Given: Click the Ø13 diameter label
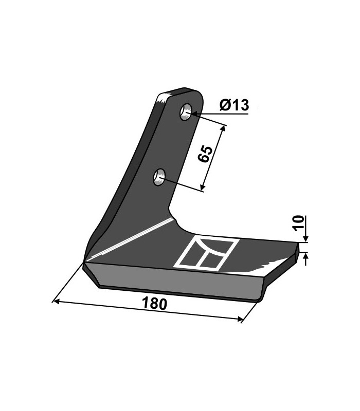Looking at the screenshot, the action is [x=234, y=105].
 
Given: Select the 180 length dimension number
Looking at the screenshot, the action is [x=155, y=304].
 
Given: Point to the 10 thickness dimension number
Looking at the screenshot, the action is [x=299, y=223].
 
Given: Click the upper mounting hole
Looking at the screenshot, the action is [x=186, y=112].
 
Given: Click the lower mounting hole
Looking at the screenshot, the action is [x=159, y=177].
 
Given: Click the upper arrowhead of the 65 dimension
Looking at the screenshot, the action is [x=223, y=128].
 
